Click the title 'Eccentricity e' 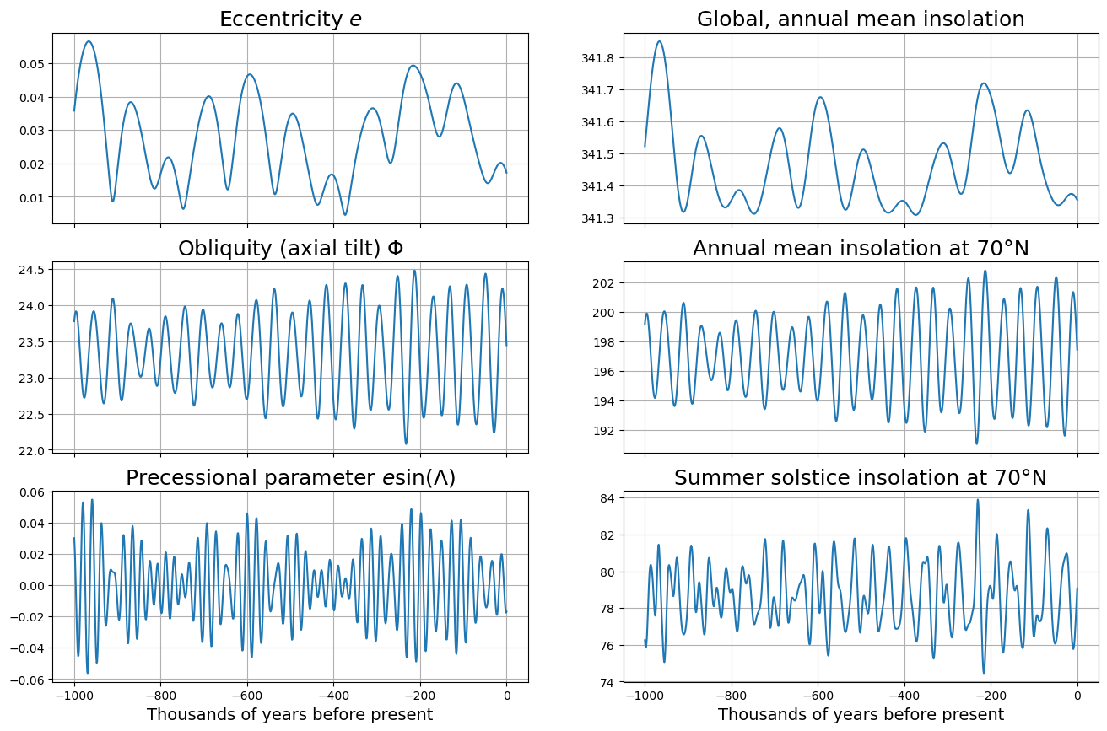290,19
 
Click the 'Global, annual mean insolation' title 861,19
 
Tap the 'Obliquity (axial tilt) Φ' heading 290,249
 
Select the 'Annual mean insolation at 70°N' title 861,249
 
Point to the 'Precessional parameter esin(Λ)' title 290,478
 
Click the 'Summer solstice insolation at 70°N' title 861,478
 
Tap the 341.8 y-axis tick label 597,58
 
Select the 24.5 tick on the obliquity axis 35,269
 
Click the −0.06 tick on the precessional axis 29,680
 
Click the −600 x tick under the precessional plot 246,696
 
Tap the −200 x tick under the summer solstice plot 991,696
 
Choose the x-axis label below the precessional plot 290,715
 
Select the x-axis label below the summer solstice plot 861,715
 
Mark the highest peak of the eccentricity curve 89,41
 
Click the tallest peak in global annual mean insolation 660,41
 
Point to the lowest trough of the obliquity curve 406,443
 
